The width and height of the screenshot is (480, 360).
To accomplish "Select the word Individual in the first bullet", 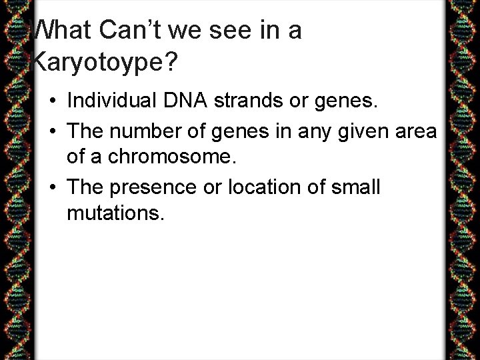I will tap(111, 101).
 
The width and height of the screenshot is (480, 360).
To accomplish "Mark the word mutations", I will tap(115, 215).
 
